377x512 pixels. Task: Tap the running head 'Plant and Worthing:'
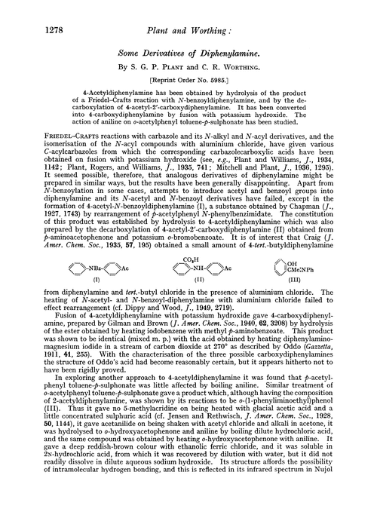[188, 14]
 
